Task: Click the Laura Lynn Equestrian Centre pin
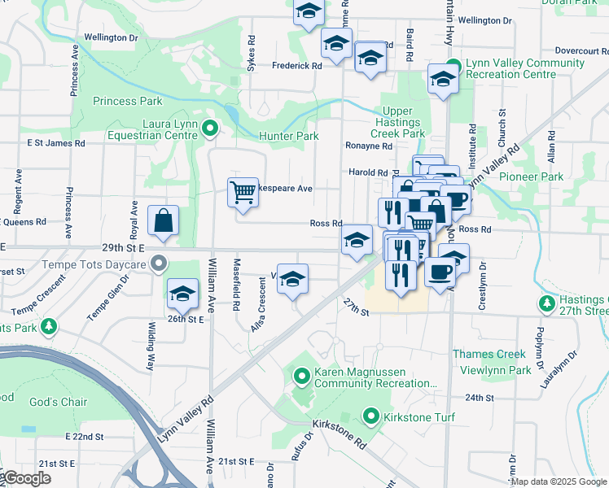pyautogui.click(x=210, y=128)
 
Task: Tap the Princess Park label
pyautogui.click(x=127, y=102)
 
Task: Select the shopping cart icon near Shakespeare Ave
pyautogui.click(x=243, y=192)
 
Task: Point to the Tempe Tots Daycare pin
pyautogui.click(x=160, y=264)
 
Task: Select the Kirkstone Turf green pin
pyautogui.click(x=371, y=417)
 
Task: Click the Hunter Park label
pyautogui.click(x=288, y=137)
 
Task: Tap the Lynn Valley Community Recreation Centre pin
pyautogui.click(x=453, y=66)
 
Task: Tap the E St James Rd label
pyautogui.click(x=55, y=143)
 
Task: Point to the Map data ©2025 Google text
pyautogui.click(x=559, y=481)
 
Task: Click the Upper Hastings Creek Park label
pyautogui.click(x=397, y=122)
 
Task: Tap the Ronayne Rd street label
pyautogui.click(x=369, y=146)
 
